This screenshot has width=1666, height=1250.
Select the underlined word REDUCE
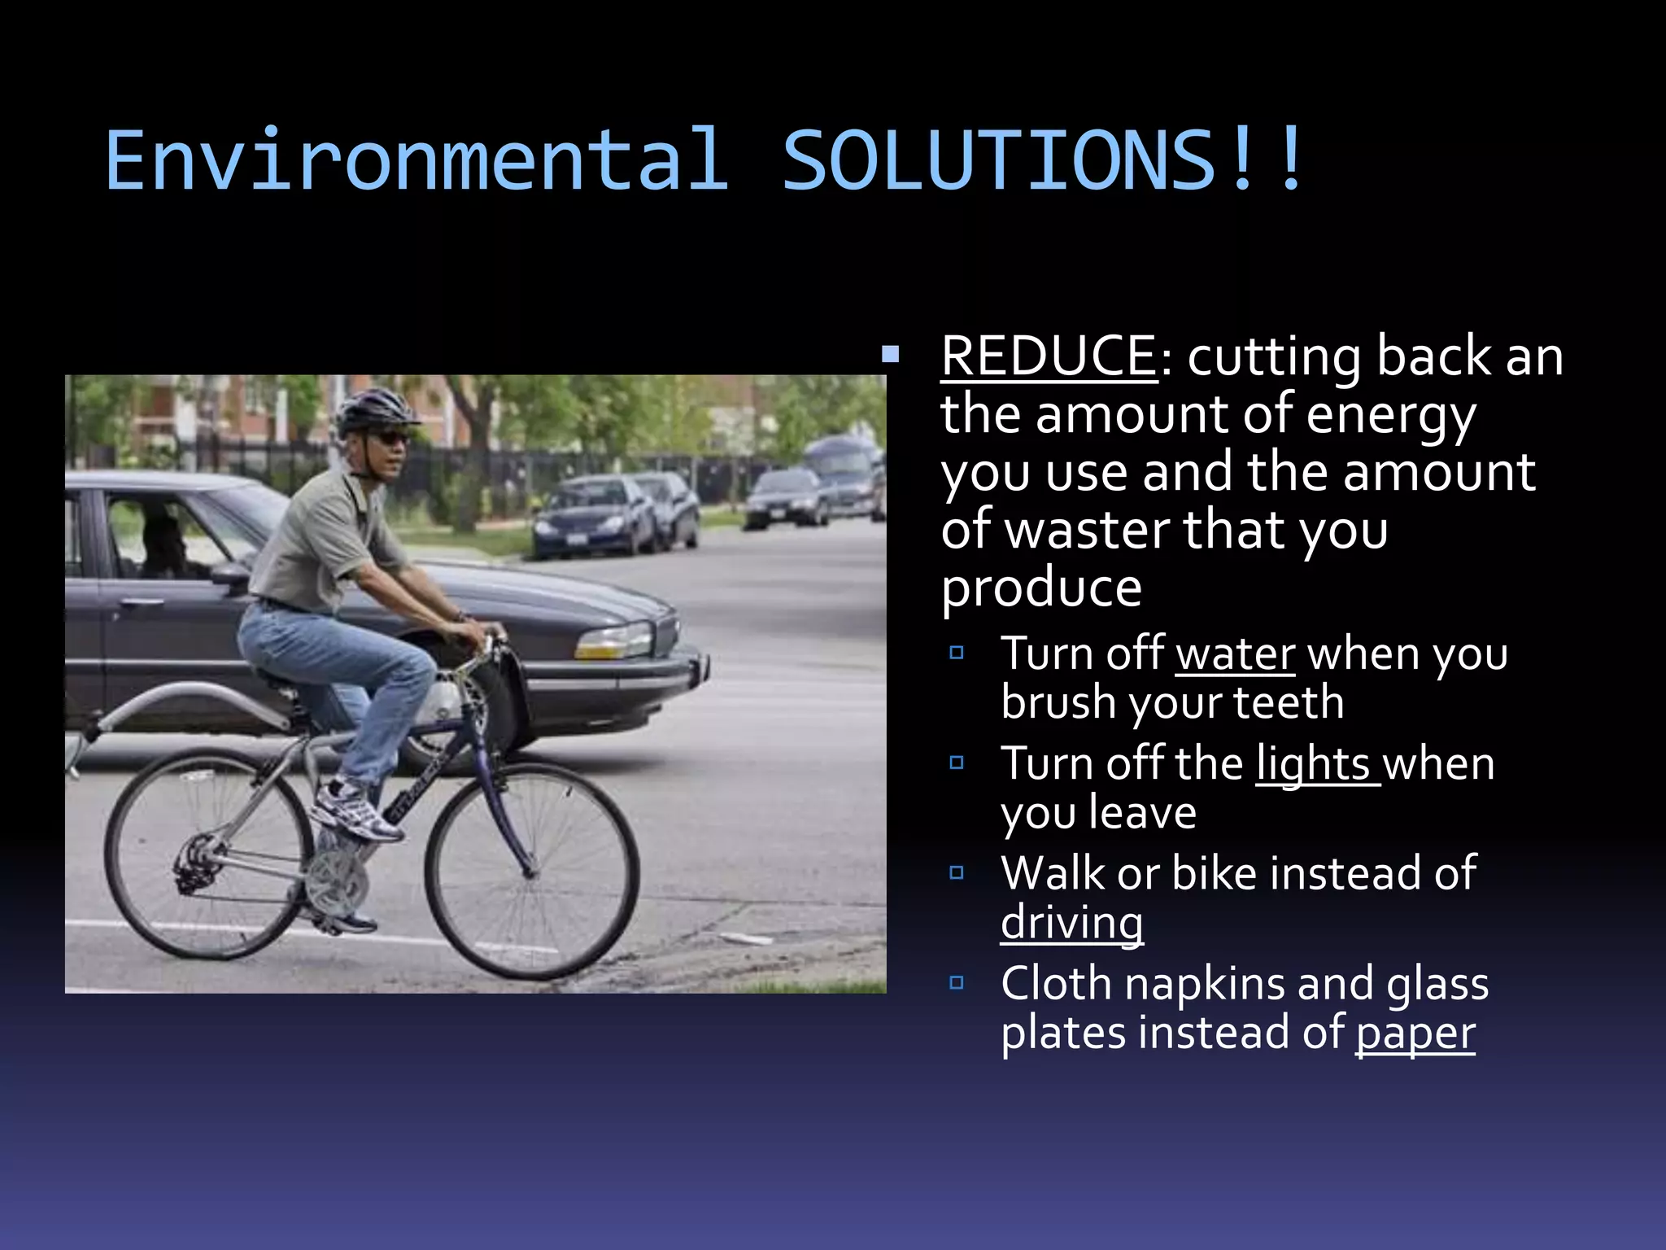1049,356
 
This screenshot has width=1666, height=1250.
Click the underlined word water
1235,653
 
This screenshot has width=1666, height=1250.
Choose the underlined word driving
1071,923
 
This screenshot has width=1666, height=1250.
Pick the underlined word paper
1415,1033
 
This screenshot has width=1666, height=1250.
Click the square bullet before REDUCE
891,355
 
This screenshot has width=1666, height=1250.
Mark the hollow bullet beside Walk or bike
957,873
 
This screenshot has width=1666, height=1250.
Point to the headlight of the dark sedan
613,642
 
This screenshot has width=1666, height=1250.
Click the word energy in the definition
1390,415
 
